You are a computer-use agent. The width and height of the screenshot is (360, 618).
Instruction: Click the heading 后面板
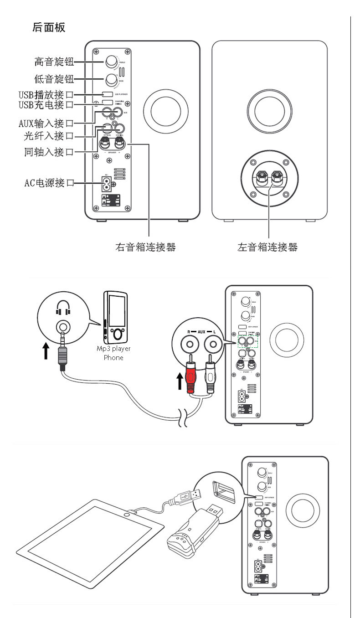[x=49, y=27]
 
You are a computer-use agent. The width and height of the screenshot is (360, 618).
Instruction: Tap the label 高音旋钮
[x=54, y=62]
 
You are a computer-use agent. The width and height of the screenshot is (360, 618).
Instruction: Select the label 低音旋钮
[x=54, y=79]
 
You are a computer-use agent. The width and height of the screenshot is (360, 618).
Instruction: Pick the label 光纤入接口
[x=48, y=136]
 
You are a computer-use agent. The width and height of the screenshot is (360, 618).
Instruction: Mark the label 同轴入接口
[x=48, y=152]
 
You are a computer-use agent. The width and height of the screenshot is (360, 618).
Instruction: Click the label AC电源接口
[x=49, y=183]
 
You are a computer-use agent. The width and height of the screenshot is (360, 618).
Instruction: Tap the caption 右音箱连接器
[x=145, y=247]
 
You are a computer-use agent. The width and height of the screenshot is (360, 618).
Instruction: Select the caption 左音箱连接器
[x=267, y=247]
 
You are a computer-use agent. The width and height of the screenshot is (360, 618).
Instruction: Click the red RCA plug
[x=190, y=369]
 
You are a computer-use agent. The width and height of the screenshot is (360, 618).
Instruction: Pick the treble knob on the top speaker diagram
[x=111, y=62]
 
